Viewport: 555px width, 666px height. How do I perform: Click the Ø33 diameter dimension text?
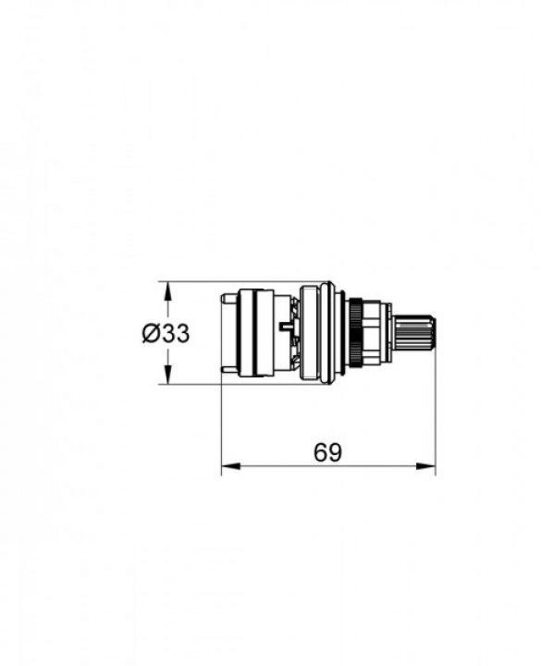coord(166,334)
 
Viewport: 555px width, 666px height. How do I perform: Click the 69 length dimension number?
coord(327,452)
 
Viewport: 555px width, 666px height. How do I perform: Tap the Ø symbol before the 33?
coord(152,334)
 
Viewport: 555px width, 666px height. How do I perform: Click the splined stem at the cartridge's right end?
coord(413,333)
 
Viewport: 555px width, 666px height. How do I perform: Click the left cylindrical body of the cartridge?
coord(256,333)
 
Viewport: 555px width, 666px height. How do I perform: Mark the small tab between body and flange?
coord(281,327)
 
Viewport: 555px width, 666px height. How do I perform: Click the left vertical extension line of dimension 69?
coord(222,425)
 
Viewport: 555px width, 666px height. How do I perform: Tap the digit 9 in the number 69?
coord(335,452)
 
